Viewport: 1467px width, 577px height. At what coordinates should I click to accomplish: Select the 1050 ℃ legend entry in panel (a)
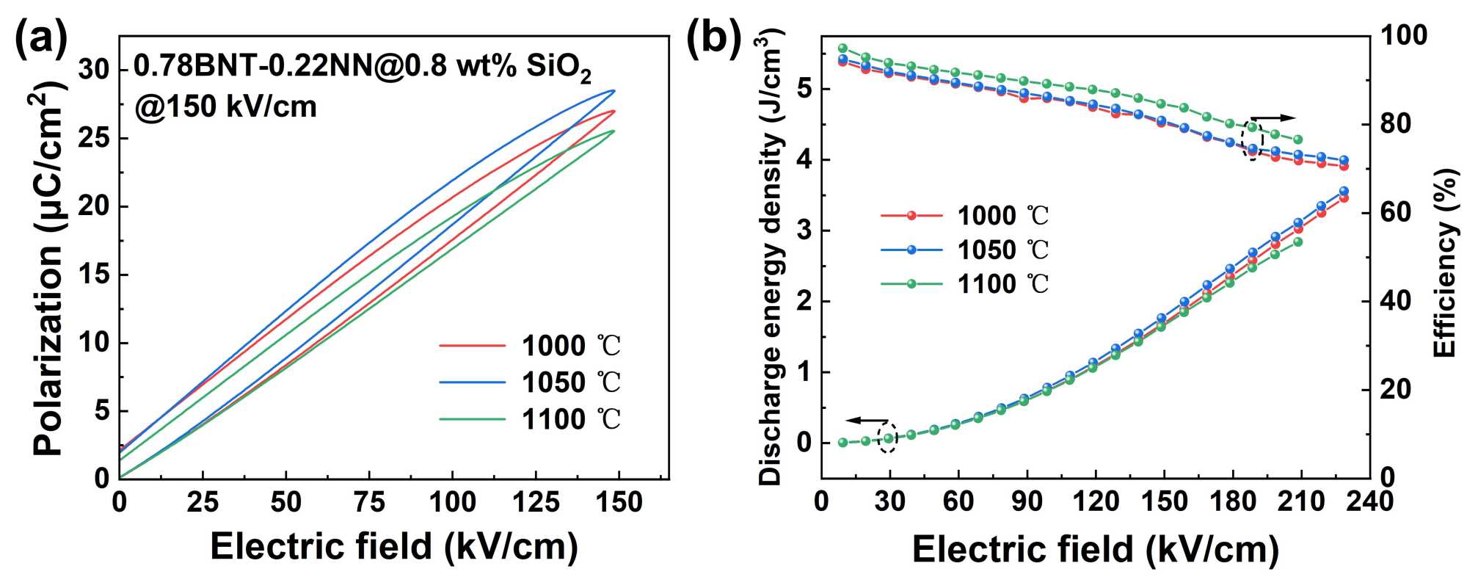click(530, 382)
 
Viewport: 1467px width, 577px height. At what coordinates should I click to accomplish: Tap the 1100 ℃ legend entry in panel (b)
click(964, 284)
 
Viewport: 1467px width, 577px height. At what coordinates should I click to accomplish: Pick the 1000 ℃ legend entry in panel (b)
click(964, 216)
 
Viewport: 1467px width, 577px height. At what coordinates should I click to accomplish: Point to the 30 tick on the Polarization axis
click(95, 70)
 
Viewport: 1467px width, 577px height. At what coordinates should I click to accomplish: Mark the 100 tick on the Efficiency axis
click(1404, 35)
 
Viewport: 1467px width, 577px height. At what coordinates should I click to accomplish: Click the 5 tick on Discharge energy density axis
click(804, 90)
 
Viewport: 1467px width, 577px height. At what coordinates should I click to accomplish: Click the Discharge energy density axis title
click(771, 257)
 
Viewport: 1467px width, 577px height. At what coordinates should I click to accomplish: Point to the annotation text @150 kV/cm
click(225, 107)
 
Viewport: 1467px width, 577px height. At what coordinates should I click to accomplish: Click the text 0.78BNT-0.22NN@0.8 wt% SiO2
click(362, 68)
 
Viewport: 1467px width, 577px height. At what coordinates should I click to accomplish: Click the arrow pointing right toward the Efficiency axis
click(1274, 117)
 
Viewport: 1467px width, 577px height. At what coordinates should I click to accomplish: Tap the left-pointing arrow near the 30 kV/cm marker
click(866, 421)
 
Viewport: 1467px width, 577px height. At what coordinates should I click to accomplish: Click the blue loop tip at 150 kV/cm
click(614, 90)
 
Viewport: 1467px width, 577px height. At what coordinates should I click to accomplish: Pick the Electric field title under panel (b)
click(1095, 549)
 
